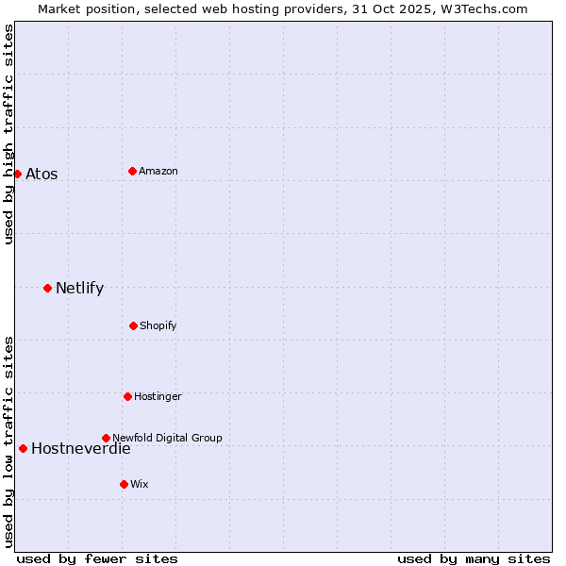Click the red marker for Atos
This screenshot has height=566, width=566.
pyautogui.click(x=17, y=174)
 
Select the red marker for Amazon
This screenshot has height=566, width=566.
pyautogui.click(x=132, y=171)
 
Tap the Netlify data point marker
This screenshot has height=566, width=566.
pyautogui.click(x=47, y=288)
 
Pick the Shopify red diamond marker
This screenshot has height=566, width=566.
pyautogui.click(x=133, y=325)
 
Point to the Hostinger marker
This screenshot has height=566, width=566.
pyautogui.click(x=127, y=396)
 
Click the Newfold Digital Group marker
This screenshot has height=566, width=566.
pyautogui.click(x=106, y=438)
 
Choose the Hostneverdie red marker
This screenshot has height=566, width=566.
pyautogui.click(x=23, y=448)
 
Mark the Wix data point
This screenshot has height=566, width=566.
pyautogui.click(x=124, y=484)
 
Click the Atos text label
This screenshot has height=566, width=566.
pyautogui.click(x=42, y=174)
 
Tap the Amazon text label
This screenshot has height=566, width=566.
pyautogui.click(x=158, y=171)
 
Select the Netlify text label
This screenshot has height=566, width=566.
pyautogui.click(x=79, y=288)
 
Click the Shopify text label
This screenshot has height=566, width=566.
pyautogui.click(x=158, y=325)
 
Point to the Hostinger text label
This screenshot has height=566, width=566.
pyautogui.click(x=158, y=396)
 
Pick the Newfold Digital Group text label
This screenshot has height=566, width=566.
pyautogui.click(x=167, y=438)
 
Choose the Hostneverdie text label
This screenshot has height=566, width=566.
pyautogui.click(x=81, y=448)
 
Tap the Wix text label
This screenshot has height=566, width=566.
pyautogui.click(x=140, y=484)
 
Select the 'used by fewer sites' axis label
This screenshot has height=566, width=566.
pyautogui.click(x=97, y=558)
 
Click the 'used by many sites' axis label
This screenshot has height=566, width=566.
pyautogui.click(x=474, y=558)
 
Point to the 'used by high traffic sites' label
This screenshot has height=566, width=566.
pyautogui.click(x=8, y=134)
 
